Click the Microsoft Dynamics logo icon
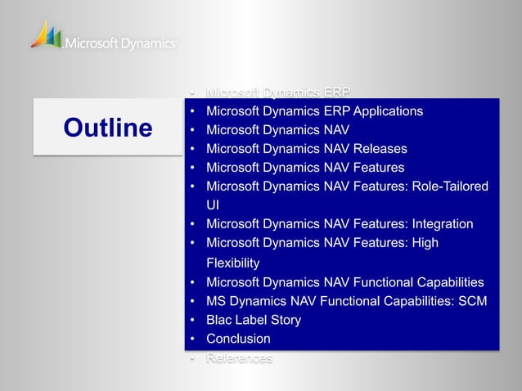click(x=46, y=35)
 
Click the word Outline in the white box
click(x=107, y=128)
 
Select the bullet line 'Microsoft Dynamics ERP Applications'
click(x=314, y=111)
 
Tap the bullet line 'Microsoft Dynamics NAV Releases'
click(x=306, y=149)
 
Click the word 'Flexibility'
click(x=232, y=263)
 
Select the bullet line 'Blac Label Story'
click(x=254, y=320)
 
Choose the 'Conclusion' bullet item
click(x=238, y=339)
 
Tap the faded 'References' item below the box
click(x=239, y=358)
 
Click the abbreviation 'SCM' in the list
click(x=471, y=301)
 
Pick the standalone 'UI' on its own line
click(x=214, y=205)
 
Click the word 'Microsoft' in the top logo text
click(x=92, y=43)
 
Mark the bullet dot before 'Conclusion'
click(x=191, y=339)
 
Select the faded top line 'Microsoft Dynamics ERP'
click(x=278, y=92)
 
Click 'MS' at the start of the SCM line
click(x=216, y=301)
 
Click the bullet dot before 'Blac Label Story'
click(x=191, y=320)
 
